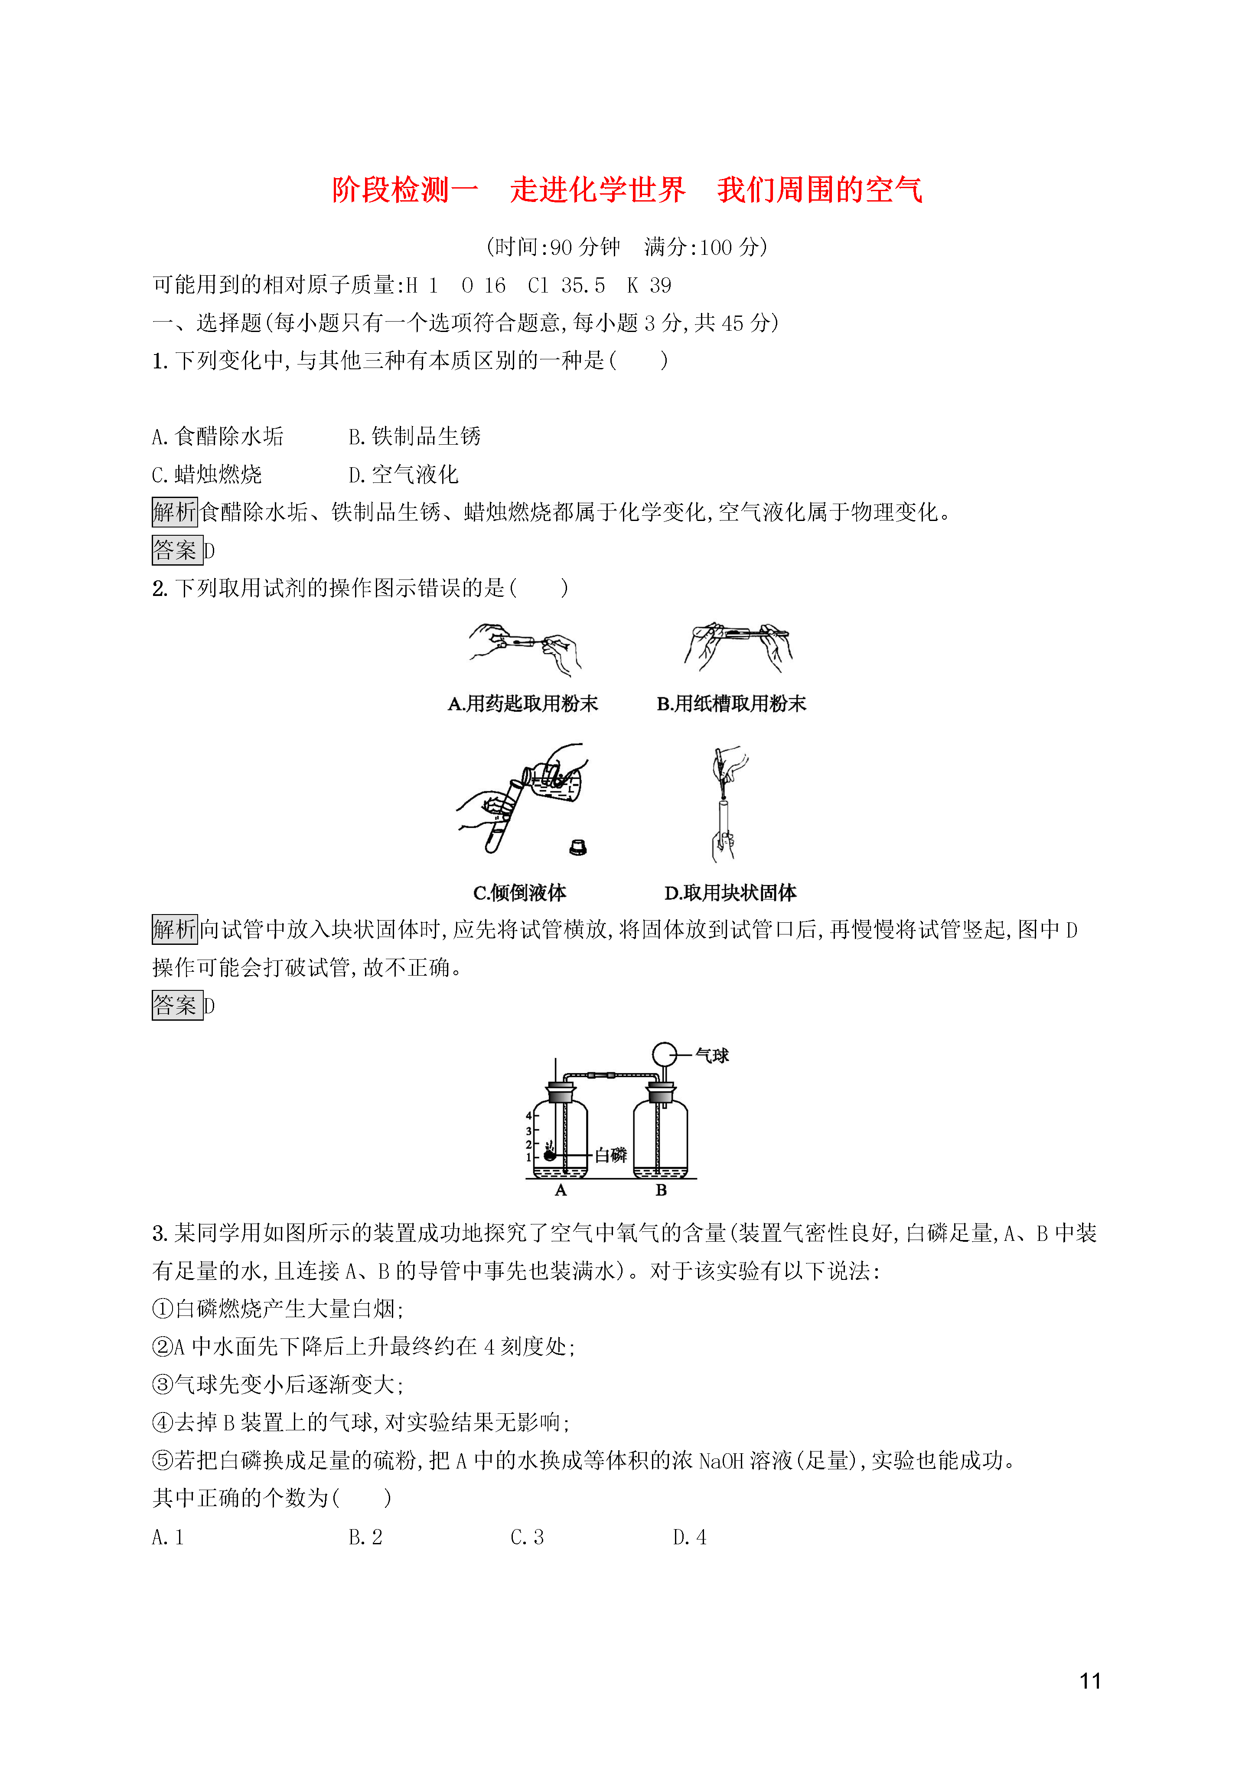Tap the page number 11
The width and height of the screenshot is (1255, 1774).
click(1090, 1680)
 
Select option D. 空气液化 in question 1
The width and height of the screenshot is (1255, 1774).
click(404, 475)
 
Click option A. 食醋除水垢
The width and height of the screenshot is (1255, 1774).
click(218, 436)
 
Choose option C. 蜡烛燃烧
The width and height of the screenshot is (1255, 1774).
click(207, 475)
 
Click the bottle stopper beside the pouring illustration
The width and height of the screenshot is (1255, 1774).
click(577, 848)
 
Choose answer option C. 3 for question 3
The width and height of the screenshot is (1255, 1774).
click(527, 1538)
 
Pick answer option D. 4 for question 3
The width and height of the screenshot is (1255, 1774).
click(689, 1538)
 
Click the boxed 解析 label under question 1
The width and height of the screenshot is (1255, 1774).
click(175, 511)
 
